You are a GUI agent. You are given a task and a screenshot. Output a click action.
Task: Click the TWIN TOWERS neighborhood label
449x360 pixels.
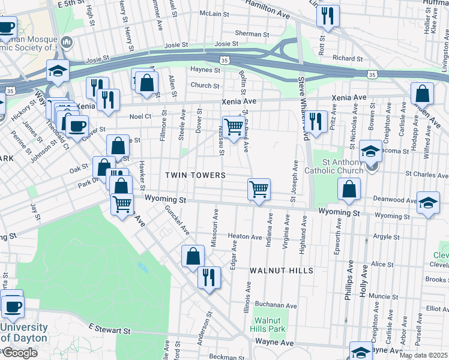point(196,175)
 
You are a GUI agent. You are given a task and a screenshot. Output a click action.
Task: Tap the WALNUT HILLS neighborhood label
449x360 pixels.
point(282,271)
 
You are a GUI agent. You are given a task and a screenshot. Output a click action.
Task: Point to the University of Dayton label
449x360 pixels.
point(24,332)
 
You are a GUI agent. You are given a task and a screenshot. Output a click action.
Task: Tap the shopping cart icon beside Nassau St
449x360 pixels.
point(233,127)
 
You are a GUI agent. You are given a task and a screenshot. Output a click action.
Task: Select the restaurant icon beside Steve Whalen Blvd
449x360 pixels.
point(316,121)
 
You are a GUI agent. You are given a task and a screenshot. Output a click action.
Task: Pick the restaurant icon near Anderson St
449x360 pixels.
point(209,277)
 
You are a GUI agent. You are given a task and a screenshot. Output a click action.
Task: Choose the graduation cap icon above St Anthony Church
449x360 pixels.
point(370,151)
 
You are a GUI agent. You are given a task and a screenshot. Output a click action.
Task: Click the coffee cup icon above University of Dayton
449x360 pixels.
point(12,305)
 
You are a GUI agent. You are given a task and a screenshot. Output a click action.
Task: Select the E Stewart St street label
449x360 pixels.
point(109,329)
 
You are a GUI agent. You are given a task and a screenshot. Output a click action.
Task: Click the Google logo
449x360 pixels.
point(19,353)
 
